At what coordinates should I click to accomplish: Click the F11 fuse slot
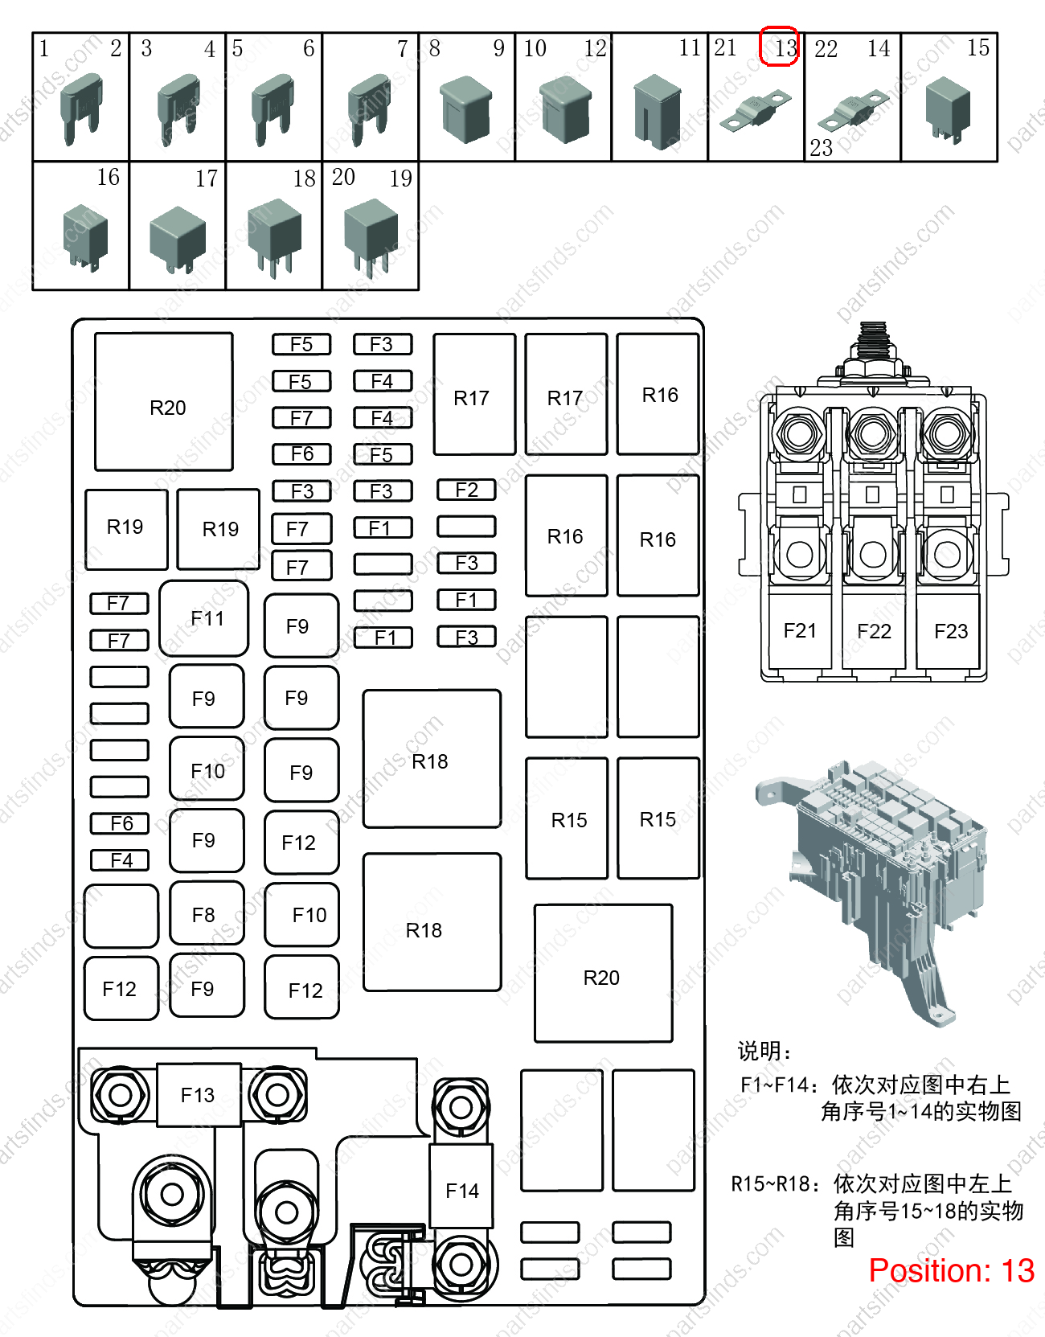click(x=203, y=617)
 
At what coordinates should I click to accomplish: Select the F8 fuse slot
click(x=207, y=913)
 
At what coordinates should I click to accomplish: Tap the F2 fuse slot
click(x=466, y=490)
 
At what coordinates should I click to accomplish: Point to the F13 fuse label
click(x=198, y=1095)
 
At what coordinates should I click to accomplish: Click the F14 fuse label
click(x=462, y=1191)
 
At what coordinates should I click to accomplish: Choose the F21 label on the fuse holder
click(x=800, y=630)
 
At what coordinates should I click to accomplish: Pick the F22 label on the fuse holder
click(x=874, y=631)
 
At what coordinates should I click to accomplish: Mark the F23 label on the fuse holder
click(x=951, y=631)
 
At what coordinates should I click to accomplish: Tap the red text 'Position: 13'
click(x=952, y=1270)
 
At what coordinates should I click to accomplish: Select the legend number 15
click(x=978, y=47)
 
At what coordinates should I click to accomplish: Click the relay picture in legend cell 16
click(x=85, y=237)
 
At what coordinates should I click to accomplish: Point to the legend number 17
click(x=207, y=178)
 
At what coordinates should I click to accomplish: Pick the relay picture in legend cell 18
click(x=274, y=237)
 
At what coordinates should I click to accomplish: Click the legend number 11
click(x=690, y=47)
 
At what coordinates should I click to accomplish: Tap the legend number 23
click(x=821, y=148)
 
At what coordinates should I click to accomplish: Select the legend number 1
click(x=43, y=48)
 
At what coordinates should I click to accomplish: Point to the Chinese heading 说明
click(x=759, y=1051)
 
